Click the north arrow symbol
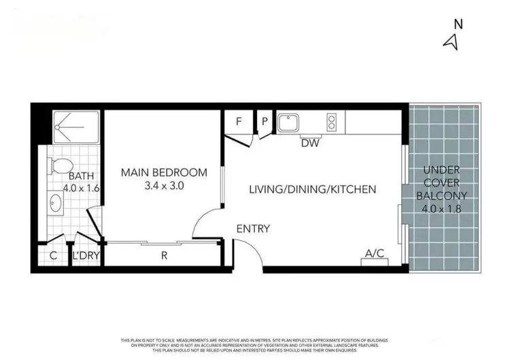click(x=449, y=42)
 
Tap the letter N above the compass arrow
click(x=458, y=24)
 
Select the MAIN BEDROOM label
click(x=164, y=173)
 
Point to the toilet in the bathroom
click(x=61, y=165)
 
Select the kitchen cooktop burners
click(x=333, y=122)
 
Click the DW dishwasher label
click(x=311, y=143)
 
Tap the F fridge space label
click(x=239, y=122)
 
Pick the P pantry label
click(x=265, y=122)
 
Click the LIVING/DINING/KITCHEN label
click(x=312, y=189)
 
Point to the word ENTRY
click(x=254, y=229)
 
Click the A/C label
click(x=375, y=253)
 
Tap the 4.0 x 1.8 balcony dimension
click(x=441, y=209)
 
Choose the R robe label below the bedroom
click(x=164, y=257)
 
